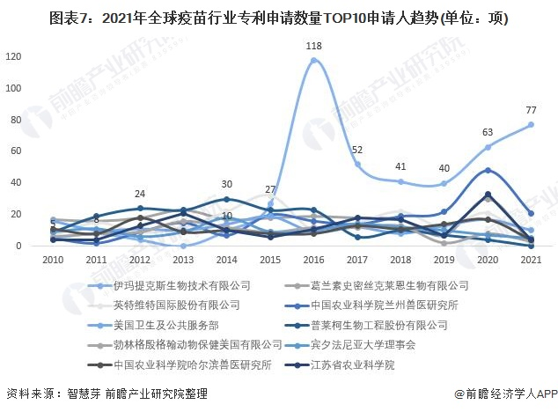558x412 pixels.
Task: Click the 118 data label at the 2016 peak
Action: click(x=313, y=46)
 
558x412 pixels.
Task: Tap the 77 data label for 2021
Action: click(x=532, y=110)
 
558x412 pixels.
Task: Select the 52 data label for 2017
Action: click(x=357, y=151)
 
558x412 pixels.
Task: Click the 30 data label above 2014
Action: click(x=226, y=185)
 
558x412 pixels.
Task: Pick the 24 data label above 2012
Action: click(x=140, y=194)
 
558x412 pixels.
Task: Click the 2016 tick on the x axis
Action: click(x=313, y=261)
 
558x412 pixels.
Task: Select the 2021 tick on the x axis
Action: click(x=531, y=261)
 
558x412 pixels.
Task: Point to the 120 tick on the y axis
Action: click(x=13, y=56)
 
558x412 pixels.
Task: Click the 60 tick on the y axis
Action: click(x=16, y=151)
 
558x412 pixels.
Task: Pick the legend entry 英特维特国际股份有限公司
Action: click(x=177, y=305)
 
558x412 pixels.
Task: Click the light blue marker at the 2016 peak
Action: click(x=313, y=60)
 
